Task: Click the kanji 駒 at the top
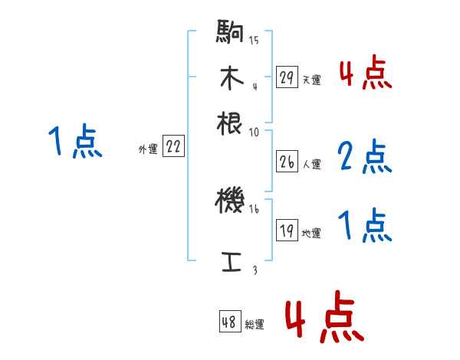(230, 34)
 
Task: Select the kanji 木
(230, 78)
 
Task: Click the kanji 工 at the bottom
(230, 261)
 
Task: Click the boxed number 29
(287, 77)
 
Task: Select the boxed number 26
(287, 162)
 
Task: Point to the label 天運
(311, 80)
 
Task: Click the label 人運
(311, 164)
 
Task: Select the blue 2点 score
(365, 157)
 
